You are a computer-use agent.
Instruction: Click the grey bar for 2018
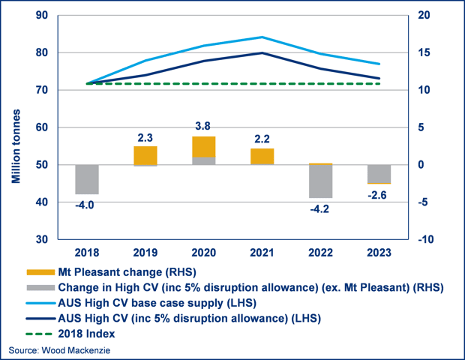87,179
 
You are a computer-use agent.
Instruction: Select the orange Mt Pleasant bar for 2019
145,156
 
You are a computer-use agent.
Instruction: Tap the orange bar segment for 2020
204,147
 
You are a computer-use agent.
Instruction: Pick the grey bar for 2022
320,181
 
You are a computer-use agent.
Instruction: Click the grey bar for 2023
379,174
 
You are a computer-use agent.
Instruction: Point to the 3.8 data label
202,126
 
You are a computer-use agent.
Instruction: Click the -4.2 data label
319,209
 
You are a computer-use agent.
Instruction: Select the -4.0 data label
85,205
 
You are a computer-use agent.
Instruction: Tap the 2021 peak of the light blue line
262,37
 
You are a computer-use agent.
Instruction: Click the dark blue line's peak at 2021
262,52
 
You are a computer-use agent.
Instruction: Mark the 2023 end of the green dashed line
379,83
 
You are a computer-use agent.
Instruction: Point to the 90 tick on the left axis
42,15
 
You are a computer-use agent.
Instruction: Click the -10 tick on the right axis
425,239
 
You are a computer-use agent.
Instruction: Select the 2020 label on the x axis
204,253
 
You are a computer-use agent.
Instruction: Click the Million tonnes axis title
16,146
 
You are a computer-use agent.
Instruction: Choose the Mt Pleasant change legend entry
111,272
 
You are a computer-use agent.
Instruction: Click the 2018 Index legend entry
70,334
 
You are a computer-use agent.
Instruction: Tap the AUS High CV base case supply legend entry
141,303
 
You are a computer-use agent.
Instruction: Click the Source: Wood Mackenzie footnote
59,350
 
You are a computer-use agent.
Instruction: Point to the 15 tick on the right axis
424,52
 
